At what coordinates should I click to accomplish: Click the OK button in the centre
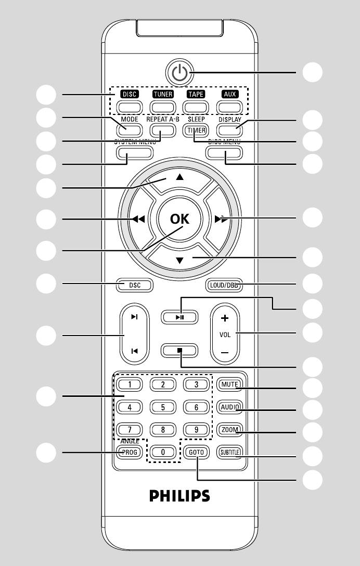180,219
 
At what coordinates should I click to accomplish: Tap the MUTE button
229,385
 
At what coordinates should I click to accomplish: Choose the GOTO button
196,452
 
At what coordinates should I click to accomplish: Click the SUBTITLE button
229,452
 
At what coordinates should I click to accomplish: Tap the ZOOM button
229,430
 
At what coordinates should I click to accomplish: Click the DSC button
134,285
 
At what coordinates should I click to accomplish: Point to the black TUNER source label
162,94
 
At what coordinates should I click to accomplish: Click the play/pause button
179,316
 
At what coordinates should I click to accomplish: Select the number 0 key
163,452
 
